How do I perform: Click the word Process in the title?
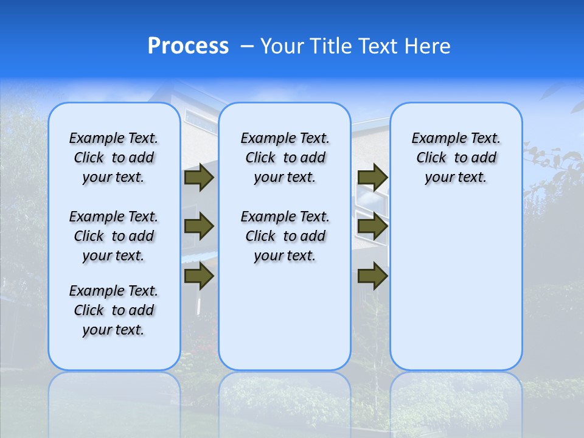pos(188,46)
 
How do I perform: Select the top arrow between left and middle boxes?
pos(199,177)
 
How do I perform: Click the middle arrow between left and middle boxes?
pos(199,226)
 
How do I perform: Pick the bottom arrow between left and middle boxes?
pos(199,276)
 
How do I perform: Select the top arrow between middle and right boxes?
pos(372,177)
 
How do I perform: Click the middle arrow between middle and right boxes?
pos(372,226)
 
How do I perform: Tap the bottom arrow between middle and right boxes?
pos(372,276)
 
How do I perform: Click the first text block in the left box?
pos(114,158)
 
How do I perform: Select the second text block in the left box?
pos(114,236)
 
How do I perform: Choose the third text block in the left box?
pos(114,310)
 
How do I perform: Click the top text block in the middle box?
pos(285,158)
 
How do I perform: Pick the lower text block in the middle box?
pos(285,236)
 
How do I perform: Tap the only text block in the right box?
pos(456,158)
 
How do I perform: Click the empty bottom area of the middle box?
pos(285,322)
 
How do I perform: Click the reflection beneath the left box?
pos(114,395)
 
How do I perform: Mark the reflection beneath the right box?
pos(456,395)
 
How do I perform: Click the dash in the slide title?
pos(246,46)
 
